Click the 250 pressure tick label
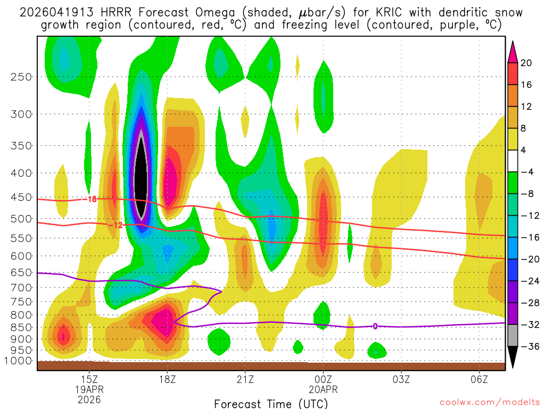pos(21,77)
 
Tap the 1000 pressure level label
pos(19,361)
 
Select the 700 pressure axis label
pos(21,288)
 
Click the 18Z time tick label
pos(167,379)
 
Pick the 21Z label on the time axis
pos(245,379)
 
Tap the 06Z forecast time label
pos(480,379)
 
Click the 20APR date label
pos(323,389)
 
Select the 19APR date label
pos(89,389)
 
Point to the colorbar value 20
pos(526,63)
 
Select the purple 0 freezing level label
pos(375,326)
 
